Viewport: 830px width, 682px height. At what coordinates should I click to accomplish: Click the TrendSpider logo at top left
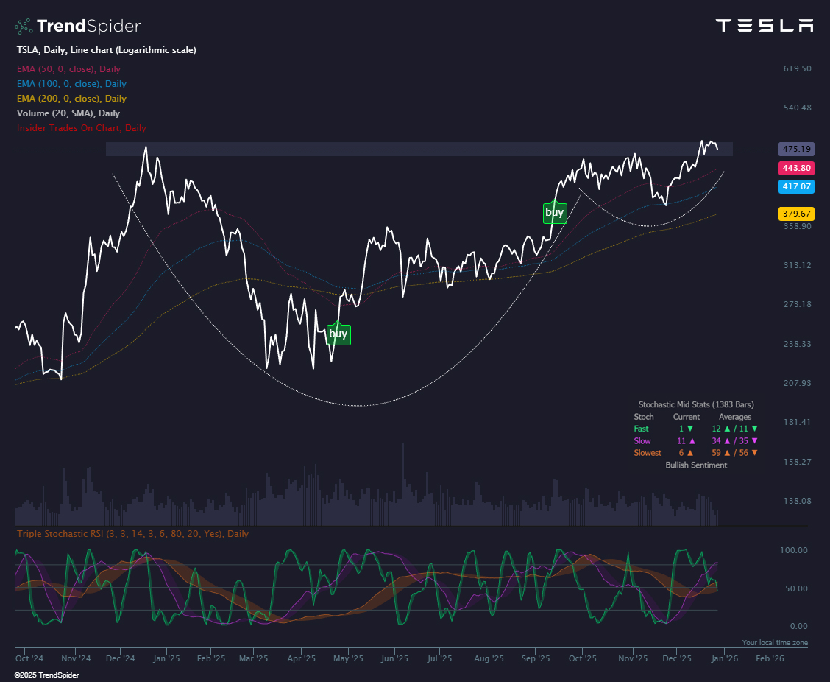tap(77, 27)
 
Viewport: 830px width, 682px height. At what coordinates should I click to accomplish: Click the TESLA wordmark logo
tap(765, 26)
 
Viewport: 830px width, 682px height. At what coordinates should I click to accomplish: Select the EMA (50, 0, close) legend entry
tap(68, 69)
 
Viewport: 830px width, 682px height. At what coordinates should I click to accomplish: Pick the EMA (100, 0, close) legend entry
tap(71, 84)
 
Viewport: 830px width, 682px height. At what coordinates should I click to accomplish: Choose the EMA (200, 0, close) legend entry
tap(71, 99)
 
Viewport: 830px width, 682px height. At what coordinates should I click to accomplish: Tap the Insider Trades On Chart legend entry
tap(81, 128)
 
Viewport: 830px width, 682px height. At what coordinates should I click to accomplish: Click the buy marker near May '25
tap(338, 334)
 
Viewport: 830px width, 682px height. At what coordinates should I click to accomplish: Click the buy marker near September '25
tap(554, 213)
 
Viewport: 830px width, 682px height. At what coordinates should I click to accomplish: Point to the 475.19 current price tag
tap(795, 149)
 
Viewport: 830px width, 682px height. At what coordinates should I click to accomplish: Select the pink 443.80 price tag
tap(795, 169)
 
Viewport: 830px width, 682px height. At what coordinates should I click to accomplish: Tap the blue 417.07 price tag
tap(795, 187)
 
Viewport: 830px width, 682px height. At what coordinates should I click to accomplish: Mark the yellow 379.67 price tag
tap(795, 214)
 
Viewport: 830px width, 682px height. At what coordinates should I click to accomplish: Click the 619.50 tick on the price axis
tap(797, 68)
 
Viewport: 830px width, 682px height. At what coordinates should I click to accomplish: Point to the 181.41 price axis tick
tap(797, 422)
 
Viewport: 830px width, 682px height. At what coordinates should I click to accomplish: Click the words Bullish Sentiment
tap(695, 465)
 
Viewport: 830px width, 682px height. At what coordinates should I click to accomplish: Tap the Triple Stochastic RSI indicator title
tap(132, 534)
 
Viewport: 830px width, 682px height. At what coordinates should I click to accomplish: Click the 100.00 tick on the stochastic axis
tap(793, 550)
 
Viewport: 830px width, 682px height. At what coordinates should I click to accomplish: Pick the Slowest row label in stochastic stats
tap(648, 453)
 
